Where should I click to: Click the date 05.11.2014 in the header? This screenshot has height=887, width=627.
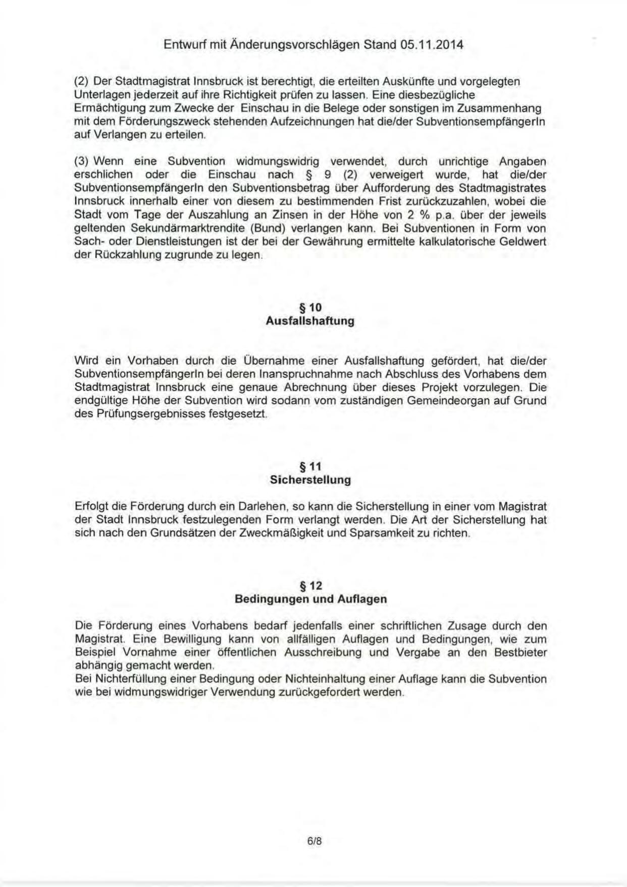coord(432,45)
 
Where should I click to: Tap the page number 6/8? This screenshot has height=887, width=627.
coord(314,841)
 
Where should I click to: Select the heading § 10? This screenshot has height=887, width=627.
coord(310,308)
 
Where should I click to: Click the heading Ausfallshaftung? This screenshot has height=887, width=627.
coord(310,321)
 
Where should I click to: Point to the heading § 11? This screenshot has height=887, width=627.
coord(310,466)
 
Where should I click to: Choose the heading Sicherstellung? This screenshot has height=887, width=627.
coord(310,480)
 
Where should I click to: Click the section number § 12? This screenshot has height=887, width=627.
coord(310,585)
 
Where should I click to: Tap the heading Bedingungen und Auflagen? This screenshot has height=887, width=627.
coord(310,599)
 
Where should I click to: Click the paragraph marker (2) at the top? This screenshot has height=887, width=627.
coord(81,81)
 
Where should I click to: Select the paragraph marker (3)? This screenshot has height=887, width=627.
coord(81,161)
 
